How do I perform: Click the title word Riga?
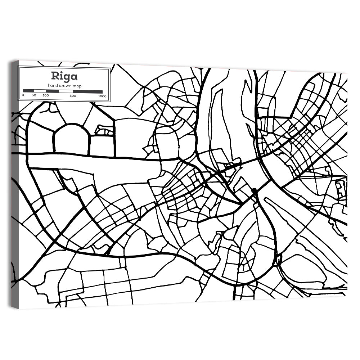point(64,76)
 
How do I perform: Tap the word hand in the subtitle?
point(53,85)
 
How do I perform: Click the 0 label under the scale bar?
point(23,95)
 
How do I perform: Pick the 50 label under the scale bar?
point(34,95)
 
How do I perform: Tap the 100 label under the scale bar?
point(46,95)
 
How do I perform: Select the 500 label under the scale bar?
point(73,95)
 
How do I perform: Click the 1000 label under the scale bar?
point(103,95)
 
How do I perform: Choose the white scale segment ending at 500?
point(66,91)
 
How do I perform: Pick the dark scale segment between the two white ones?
point(52,91)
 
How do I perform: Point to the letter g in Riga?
point(67,77)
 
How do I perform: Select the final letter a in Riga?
point(74,76)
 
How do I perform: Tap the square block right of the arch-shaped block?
point(102,145)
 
